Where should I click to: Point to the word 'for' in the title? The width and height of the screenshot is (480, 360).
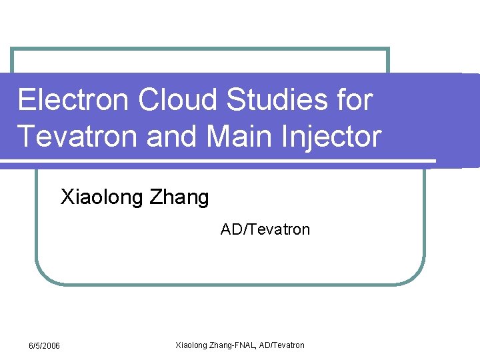(355, 101)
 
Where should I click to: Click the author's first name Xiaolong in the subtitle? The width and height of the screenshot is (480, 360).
(100, 198)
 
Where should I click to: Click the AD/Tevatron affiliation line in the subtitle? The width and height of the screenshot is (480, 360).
(265, 230)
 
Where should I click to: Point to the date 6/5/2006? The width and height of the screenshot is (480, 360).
(44, 345)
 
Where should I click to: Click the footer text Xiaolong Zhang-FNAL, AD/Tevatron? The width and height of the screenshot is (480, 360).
(239, 345)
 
